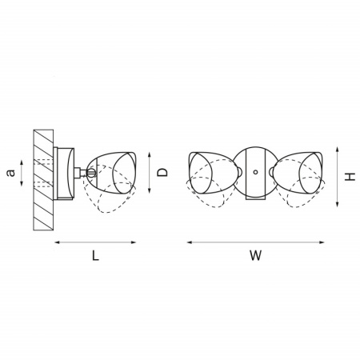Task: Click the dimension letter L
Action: (x=95, y=256)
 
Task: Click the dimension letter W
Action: (x=256, y=256)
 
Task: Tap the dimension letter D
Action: (x=162, y=172)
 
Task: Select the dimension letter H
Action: (x=350, y=177)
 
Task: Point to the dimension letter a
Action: (x=10, y=173)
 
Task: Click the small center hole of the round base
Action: (x=255, y=172)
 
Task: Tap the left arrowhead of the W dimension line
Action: (x=190, y=242)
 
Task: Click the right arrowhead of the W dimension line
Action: (x=322, y=242)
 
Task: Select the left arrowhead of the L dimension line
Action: (x=57, y=242)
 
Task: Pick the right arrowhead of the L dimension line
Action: (x=134, y=242)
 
